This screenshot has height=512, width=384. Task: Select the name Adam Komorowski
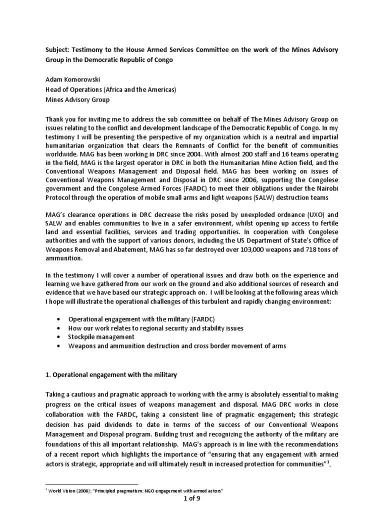pos(75,80)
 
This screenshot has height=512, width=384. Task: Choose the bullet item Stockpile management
pos(101,336)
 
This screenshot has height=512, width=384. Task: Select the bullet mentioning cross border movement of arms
pos(177,346)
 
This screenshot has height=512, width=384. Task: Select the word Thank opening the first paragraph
pos(55,119)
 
